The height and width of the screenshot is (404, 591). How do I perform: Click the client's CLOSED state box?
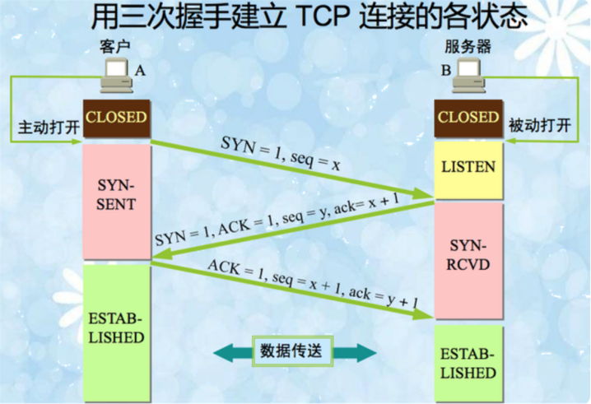(x=116, y=117)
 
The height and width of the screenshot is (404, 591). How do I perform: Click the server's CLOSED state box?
(x=468, y=117)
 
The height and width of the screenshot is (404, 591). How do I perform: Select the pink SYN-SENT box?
(x=116, y=193)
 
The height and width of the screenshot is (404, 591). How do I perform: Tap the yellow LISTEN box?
(x=468, y=167)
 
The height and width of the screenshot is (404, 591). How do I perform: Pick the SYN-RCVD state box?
(x=468, y=256)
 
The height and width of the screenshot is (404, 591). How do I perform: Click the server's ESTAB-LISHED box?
(x=468, y=363)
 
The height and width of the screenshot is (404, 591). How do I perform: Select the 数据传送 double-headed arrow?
(x=295, y=351)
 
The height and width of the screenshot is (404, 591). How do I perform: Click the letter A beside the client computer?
(x=140, y=72)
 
